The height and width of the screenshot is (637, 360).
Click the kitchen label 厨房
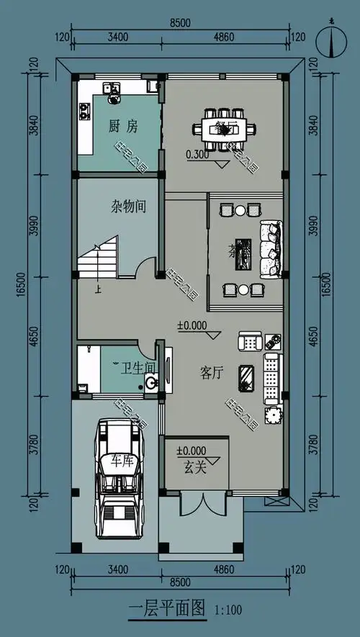(x=123, y=127)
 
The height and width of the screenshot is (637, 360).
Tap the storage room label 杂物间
(x=129, y=207)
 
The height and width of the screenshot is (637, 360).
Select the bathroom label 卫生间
(x=138, y=369)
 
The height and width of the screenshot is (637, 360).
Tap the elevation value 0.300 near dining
(x=197, y=154)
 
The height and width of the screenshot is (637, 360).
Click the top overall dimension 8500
(x=180, y=23)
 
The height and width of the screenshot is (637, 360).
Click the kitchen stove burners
(x=84, y=111)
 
